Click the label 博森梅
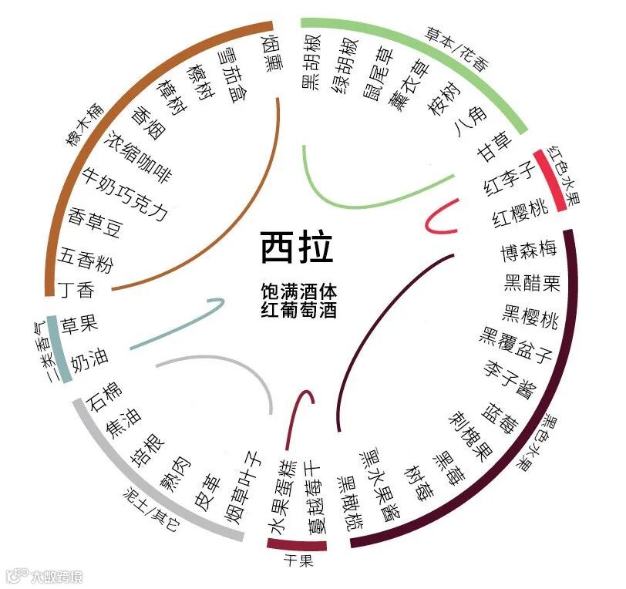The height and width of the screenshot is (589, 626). [529, 251]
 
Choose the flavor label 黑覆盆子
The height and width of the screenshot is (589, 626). [517, 344]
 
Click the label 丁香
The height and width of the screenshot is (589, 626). [76, 290]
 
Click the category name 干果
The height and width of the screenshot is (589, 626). [298, 561]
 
